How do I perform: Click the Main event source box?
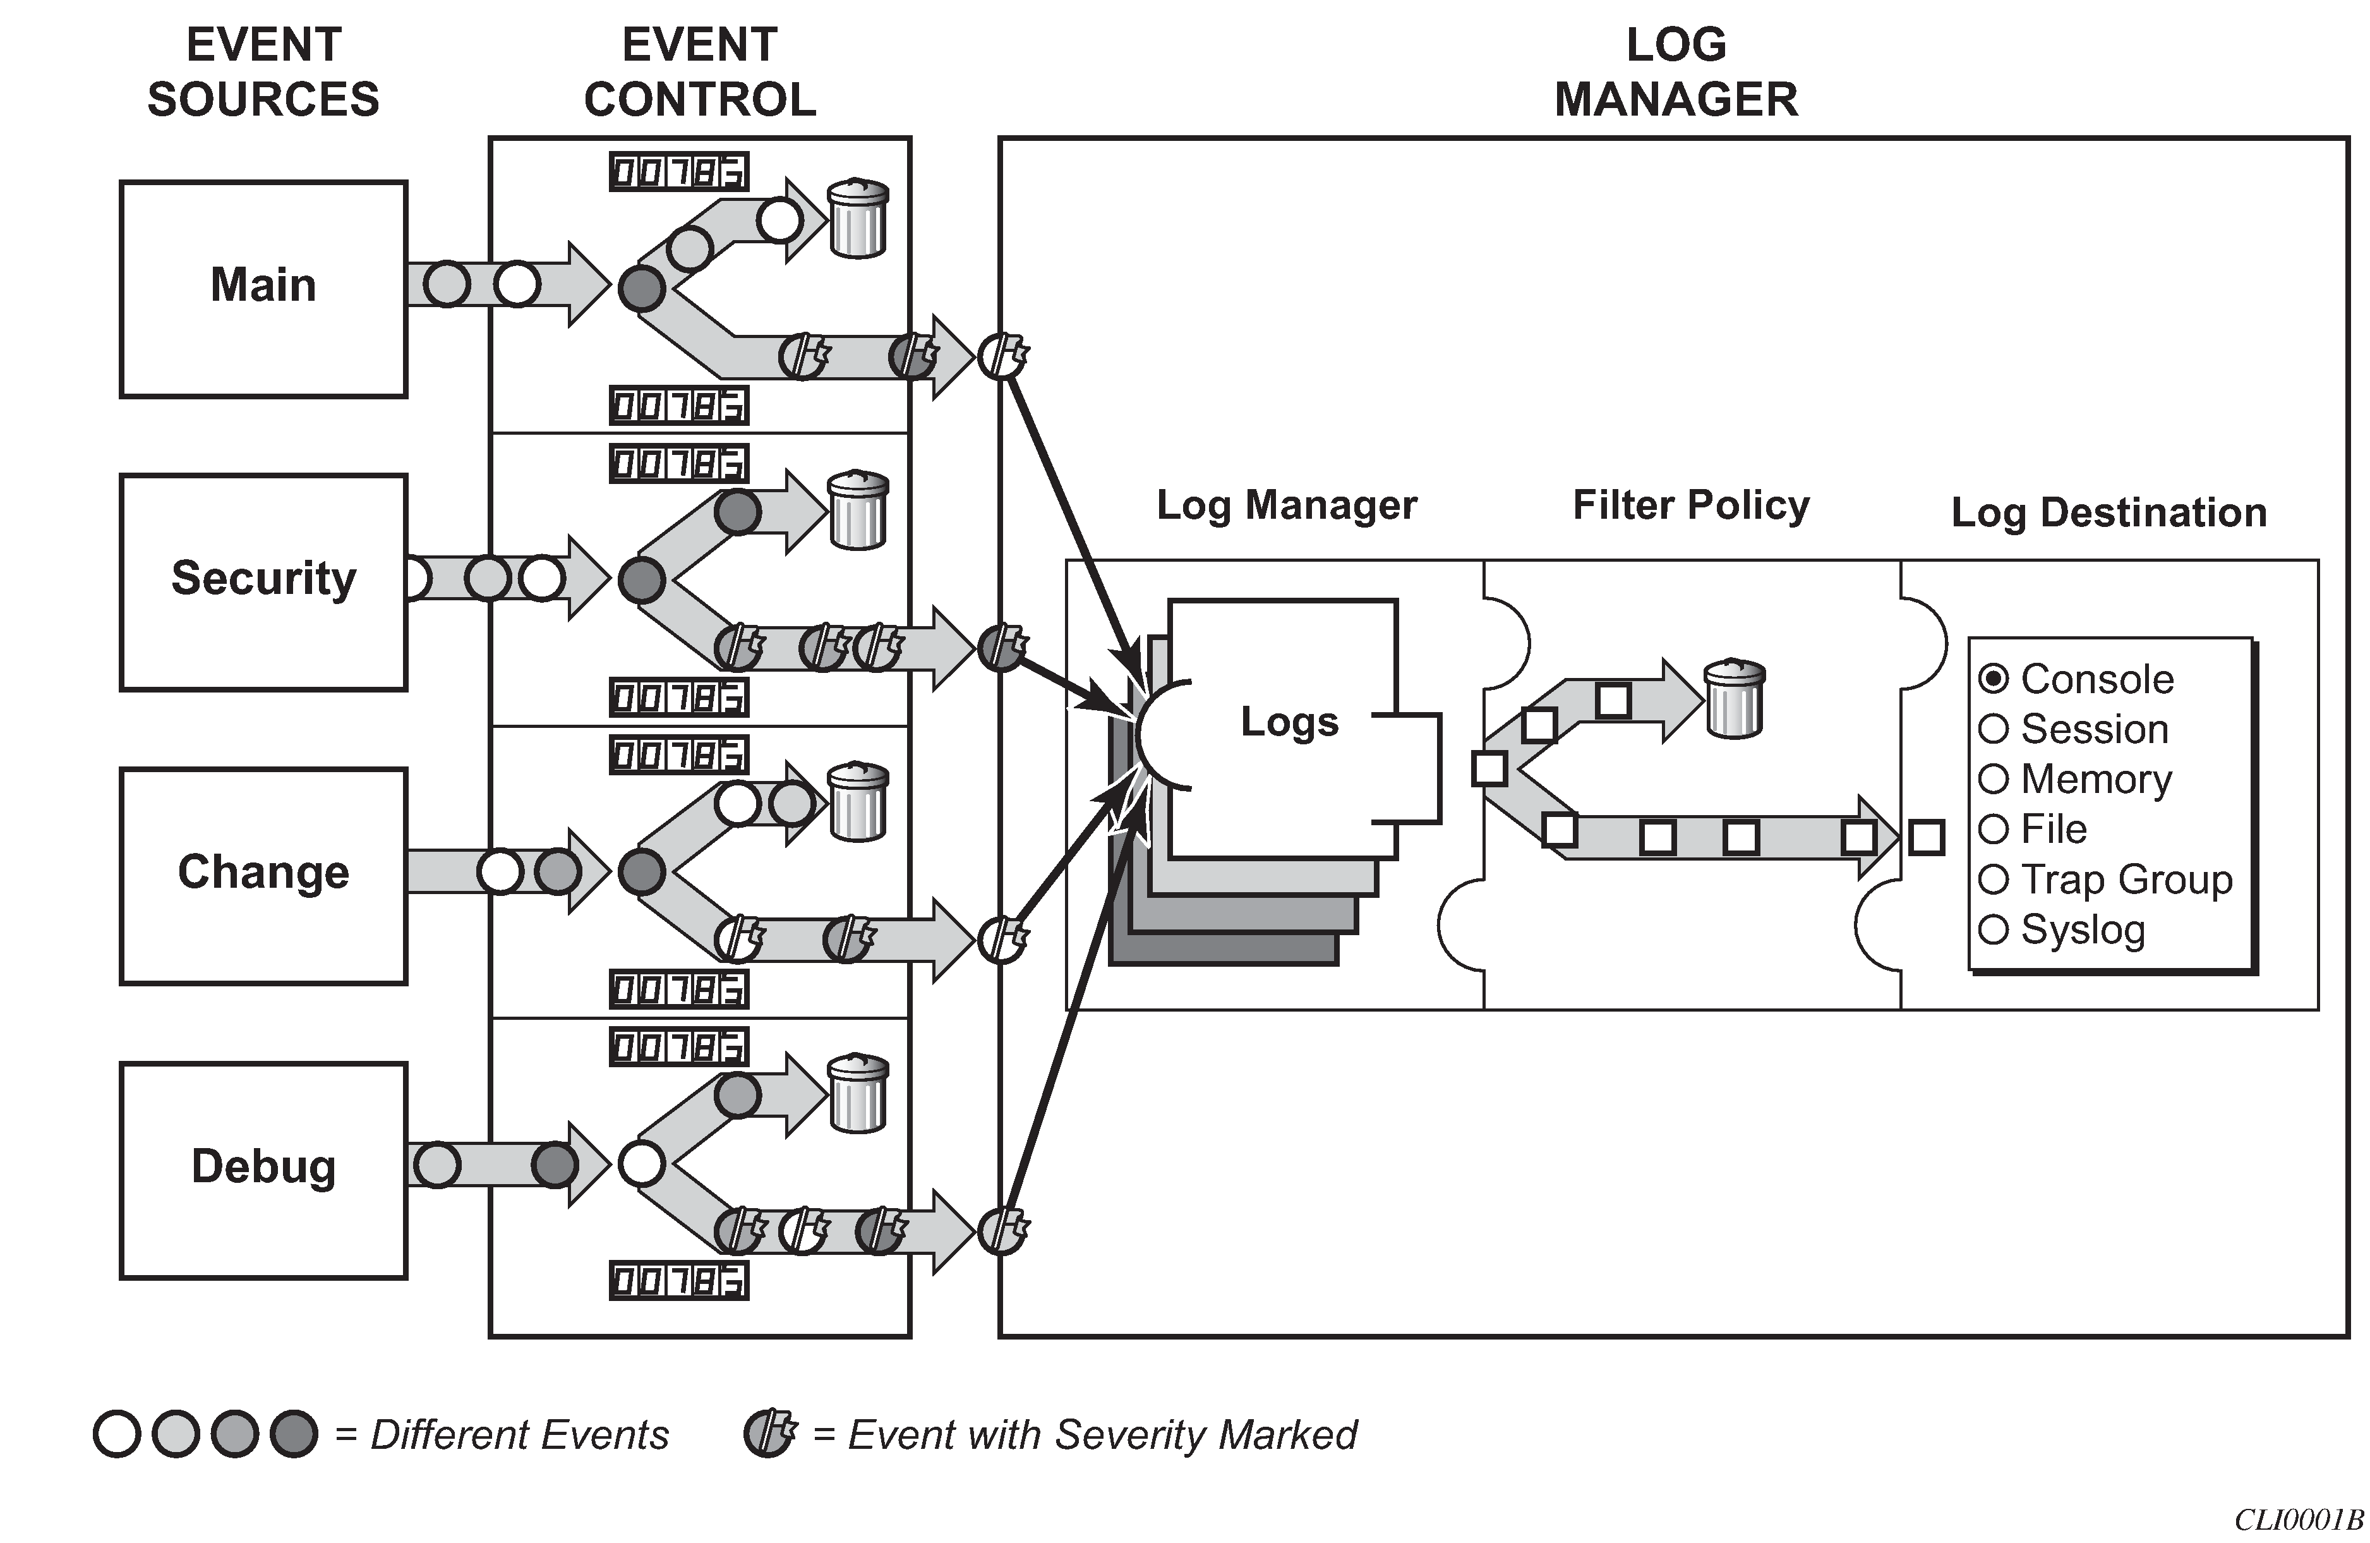tap(263, 289)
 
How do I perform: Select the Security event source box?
tap(263, 582)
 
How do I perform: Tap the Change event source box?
tap(263, 876)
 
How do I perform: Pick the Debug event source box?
tap(263, 1170)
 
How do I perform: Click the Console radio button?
tap(1994, 679)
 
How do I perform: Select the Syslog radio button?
tap(1994, 929)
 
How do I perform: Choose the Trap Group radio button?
tap(1994, 880)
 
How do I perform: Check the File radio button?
tap(1994, 829)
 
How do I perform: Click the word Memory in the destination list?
tap(2096, 779)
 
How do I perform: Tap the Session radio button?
tap(1994, 729)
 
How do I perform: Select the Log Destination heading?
tap(2108, 513)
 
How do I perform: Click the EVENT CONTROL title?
tap(700, 72)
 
